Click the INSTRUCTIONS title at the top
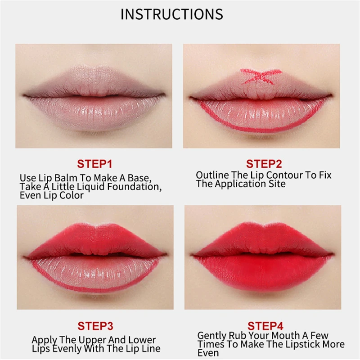[171, 14]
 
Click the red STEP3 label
[95, 326]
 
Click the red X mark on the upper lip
[261, 76]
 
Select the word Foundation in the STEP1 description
[135, 186]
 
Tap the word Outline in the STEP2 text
[211, 175]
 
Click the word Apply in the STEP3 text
[44, 340]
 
